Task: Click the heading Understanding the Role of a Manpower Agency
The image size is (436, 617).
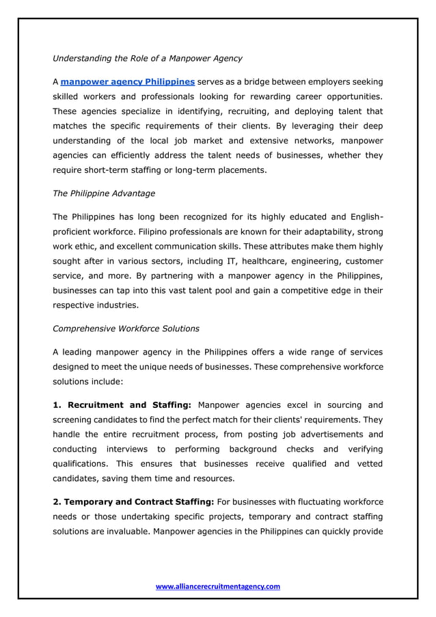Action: (x=147, y=58)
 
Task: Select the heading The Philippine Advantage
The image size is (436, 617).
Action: (x=104, y=193)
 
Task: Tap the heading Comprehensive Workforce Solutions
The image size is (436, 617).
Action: (x=126, y=329)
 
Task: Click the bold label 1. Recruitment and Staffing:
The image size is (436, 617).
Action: (x=122, y=405)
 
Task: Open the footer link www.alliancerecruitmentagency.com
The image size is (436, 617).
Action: (x=218, y=586)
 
